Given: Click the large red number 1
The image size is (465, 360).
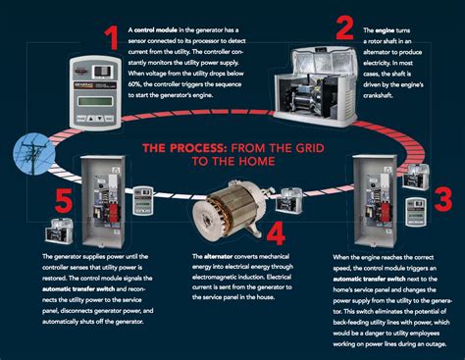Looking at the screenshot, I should click(112, 38).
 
